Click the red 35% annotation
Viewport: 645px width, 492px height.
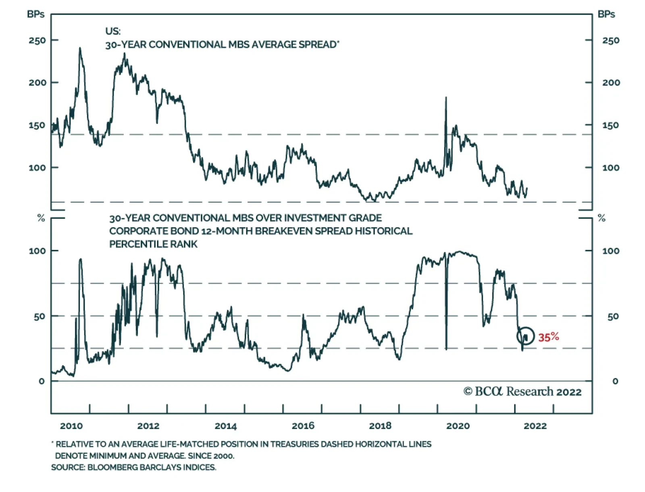tap(548, 337)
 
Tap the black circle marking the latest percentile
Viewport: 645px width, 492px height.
tap(526, 336)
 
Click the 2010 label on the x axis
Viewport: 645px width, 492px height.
tap(71, 426)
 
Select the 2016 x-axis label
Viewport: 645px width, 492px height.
tap(303, 426)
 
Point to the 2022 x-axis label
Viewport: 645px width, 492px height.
tap(535, 426)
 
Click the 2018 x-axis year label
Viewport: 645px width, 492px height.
tap(380, 426)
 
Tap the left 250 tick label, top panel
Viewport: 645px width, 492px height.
tap(37, 41)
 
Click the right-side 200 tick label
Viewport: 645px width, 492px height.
tap(611, 83)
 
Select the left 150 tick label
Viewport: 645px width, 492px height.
tap(37, 126)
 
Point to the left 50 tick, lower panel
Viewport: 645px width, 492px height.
tap(40, 317)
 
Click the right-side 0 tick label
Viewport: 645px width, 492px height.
tap(615, 381)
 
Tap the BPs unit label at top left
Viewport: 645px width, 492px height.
tap(35, 14)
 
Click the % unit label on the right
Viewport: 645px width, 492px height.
tap(602, 218)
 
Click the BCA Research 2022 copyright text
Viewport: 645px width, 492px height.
tap(522, 392)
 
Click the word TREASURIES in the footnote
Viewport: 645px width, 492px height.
tap(293, 444)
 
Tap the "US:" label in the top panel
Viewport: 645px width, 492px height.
tap(113, 31)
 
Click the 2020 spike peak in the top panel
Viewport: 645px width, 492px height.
tap(446, 97)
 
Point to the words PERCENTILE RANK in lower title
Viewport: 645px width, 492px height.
tap(153, 244)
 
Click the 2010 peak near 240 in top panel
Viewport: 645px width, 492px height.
tap(80, 48)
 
